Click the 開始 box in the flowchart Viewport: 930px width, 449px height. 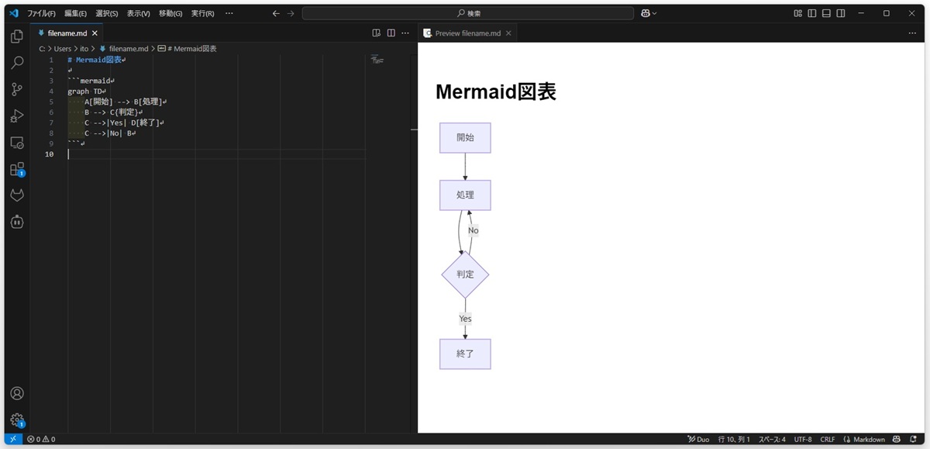[465, 137]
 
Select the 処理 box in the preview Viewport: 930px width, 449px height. [465, 195]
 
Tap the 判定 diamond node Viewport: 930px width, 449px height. [465, 275]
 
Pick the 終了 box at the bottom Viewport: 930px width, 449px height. [465, 354]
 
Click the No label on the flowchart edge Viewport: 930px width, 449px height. [474, 230]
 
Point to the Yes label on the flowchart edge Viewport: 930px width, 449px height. [465, 319]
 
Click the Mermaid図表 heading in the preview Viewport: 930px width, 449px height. [496, 92]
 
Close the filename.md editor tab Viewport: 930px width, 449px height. [95, 33]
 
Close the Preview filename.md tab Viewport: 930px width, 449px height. [508, 33]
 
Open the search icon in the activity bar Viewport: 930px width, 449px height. [17, 63]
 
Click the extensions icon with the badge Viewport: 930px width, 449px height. [17, 169]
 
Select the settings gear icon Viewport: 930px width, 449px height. [17, 420]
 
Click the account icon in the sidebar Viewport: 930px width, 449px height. [17, 393]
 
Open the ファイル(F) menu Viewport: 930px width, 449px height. [41, 13]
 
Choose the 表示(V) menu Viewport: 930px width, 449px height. [138, 13]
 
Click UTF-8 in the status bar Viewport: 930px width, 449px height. [803, 440]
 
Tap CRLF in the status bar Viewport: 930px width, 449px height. [828, 440]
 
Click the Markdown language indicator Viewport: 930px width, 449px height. [864, 440]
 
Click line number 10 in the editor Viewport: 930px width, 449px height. [50, 154]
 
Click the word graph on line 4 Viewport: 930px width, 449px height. [78, 92]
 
